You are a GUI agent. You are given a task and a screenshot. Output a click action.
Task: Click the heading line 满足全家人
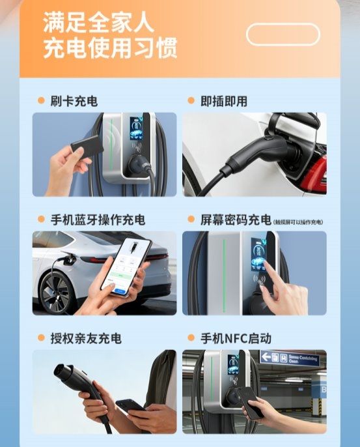(98, 23)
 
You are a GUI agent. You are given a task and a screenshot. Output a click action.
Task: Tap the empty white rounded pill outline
(283, 34)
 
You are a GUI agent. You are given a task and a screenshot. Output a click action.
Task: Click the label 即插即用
(224, 101)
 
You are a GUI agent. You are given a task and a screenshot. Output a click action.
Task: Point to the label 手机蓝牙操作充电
(98, 220)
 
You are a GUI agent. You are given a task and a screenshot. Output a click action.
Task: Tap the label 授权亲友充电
(85, 338)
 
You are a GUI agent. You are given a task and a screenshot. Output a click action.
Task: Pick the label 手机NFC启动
(235, 338)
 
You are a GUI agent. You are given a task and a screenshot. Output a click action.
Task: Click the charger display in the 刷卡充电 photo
(136, 128)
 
